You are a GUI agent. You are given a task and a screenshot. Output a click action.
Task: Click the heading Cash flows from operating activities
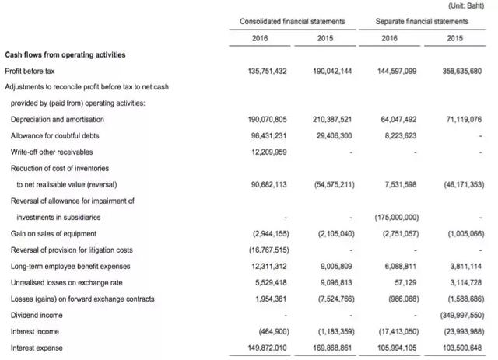(65, 54)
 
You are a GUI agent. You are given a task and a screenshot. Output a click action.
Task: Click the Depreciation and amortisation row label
(58, 119)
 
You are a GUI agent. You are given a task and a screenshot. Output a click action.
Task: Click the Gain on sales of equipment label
(53, 234)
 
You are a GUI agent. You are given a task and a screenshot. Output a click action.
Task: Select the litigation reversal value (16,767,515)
(265, 250)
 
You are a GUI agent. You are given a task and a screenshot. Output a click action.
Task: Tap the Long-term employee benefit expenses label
(71, 267)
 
